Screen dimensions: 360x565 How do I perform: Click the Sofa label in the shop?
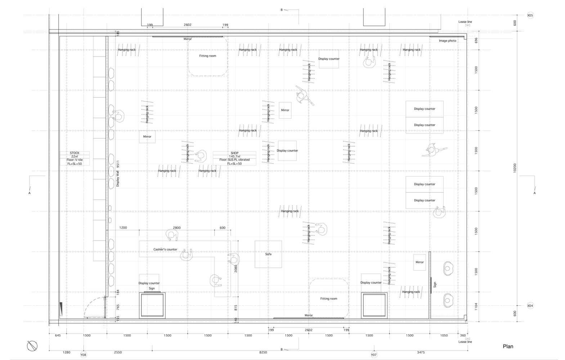pyautogui.click(x=268, y=254)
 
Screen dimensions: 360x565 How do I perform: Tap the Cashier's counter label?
pyautogui.click(x=165, y=249)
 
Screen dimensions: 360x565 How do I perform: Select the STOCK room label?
pyautogui.click(x=75, y=153)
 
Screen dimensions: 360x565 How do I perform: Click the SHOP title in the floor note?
pyautogui.click(x=234, y=153)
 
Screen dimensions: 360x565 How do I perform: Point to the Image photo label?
pyautogui.click(x=447, y=41)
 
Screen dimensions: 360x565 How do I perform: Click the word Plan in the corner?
pyautogui.click(x=508, y=346)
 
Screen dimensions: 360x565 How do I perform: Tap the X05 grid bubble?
pyautogui.click(x=530, y=15)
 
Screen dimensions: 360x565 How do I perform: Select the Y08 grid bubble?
pyautogui.click(x=83, y=355)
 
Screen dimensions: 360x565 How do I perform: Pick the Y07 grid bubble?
pyautogui.click(x=374, y=355)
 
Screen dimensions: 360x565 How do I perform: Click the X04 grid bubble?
pyautogui.click(x=530, y=306)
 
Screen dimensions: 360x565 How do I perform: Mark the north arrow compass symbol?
pyautogui.click(x=32, y=346)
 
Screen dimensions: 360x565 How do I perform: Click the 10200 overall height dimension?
pyautogui.click(x=515, y=168)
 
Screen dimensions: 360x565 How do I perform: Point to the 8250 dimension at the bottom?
pyautogui.click(x=263, y=352)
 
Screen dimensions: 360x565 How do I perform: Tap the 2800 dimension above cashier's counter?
pyautogui.click(x=177, y=228)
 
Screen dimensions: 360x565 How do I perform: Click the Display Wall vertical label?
pyautogui.click(x=118, y=179)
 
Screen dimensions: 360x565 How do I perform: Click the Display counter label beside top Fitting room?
pyautogui.click(x=329, y=59)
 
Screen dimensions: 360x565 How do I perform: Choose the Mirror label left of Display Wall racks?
pyautogui.click(x=147, y=136)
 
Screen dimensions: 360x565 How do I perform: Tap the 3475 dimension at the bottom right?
pyautogui.click(x=421, y=352)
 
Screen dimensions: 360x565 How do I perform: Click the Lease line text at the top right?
pyautogui.click(x=465, y=22)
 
